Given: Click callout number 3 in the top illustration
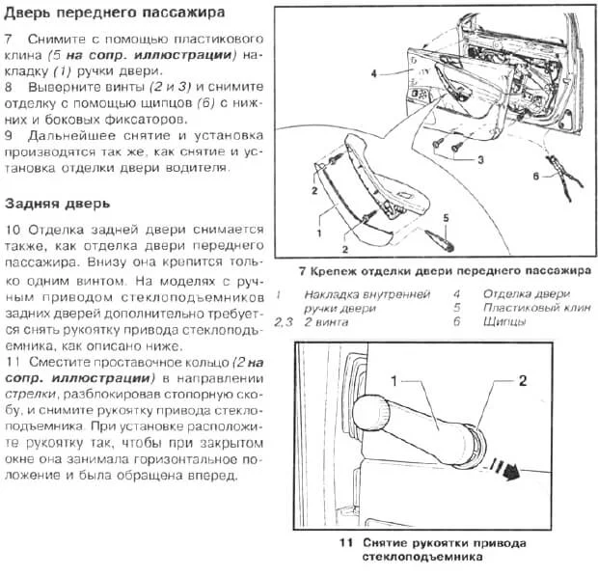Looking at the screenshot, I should (x=479, y=160).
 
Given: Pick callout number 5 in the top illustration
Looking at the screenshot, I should (x=445, y=218).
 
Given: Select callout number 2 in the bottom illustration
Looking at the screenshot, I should (x=522, y=380).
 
